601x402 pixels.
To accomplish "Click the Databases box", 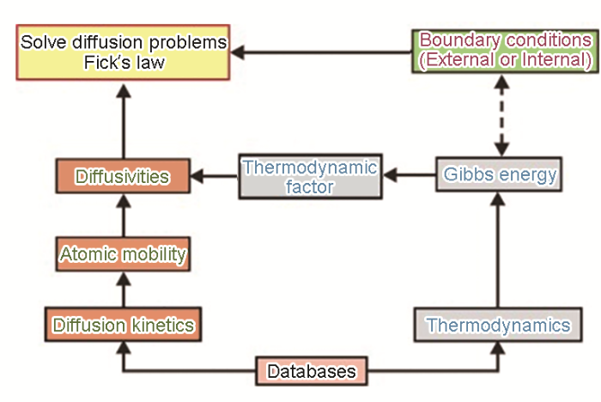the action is coord(312,371).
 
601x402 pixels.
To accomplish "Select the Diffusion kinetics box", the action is coord(123,324).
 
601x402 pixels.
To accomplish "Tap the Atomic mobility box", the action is coord(123,254).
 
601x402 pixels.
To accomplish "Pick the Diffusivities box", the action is coord(123,176).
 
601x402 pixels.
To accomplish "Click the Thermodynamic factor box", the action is coord(311,176).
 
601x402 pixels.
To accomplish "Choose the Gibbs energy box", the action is coord(499,174).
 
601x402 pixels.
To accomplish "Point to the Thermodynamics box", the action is coord(498,325).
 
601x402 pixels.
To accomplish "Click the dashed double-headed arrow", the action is coord(501,115).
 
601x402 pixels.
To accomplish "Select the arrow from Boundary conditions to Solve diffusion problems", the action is coord(321,52).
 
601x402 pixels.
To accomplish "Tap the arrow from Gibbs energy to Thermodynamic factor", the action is coord(410,175).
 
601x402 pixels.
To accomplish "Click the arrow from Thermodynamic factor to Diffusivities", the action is coord(215,176).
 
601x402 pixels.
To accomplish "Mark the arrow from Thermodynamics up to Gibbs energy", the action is coord(498,250).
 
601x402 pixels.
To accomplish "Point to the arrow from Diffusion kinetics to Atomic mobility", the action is coord(124,289).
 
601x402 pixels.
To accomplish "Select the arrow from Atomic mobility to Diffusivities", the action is coord(124,216).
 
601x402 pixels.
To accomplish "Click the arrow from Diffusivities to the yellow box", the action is coord(124,121).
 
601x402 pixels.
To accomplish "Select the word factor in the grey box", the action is coord(310,186).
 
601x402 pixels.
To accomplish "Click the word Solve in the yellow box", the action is coord(44,42).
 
